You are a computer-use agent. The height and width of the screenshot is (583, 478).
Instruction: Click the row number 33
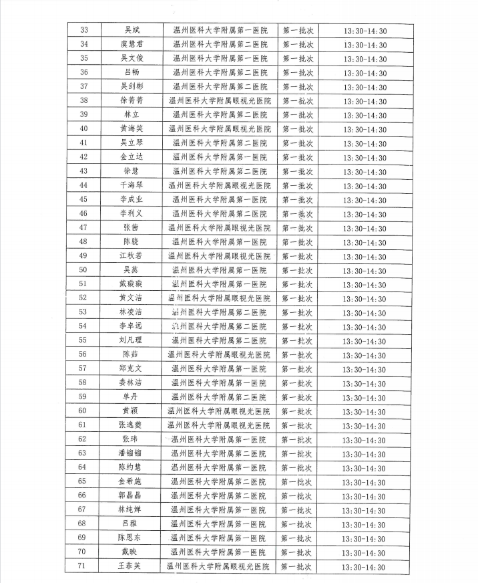[83, 30]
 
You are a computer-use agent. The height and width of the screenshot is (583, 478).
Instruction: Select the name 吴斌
[132, 30]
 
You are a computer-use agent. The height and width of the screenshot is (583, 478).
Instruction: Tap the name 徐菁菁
[132, 100]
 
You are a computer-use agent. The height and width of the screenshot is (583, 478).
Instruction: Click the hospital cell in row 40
[220, 128]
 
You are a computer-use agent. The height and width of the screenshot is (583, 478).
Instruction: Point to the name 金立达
[132, 157]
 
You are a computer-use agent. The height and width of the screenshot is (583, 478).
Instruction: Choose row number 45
[83, 199]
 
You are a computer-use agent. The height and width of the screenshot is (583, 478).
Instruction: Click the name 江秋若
[132, 256]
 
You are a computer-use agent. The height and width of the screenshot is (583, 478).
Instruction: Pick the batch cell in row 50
[297, 270]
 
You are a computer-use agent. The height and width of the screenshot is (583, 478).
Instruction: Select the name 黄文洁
[132, 298]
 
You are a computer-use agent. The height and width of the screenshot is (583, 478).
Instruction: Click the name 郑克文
[132, 368]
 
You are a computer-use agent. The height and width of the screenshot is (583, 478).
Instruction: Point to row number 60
[83, 411]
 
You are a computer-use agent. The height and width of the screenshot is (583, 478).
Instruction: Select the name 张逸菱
[132, 425]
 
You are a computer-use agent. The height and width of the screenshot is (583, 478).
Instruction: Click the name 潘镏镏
[132, 453]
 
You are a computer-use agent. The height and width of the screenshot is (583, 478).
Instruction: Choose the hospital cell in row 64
[220, 467]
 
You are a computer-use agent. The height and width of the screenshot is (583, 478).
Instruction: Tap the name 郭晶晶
[132, 496]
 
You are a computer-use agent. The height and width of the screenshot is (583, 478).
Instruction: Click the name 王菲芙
[132, 567]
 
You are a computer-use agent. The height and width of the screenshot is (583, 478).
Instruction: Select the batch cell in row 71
[297, 567]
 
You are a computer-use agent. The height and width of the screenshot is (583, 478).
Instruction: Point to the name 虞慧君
[132, 44]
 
